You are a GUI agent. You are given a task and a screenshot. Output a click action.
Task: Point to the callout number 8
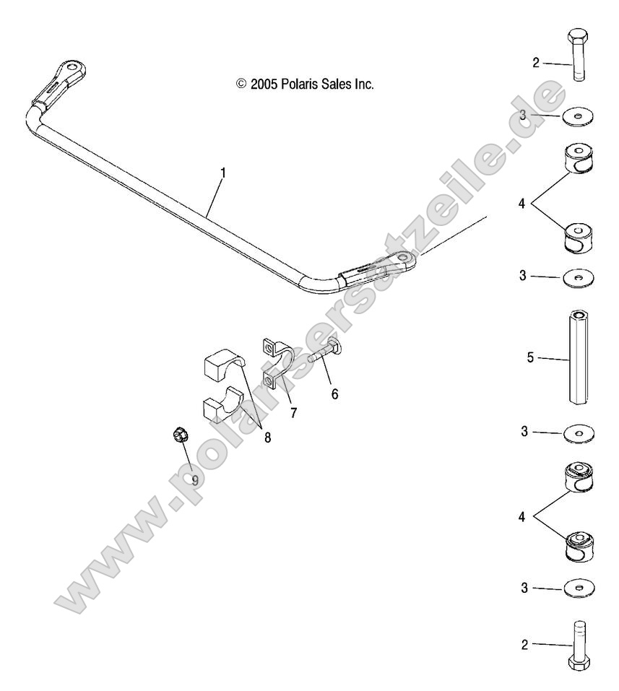[267, 438]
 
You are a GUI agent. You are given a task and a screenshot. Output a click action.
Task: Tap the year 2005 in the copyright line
[262, 84]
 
